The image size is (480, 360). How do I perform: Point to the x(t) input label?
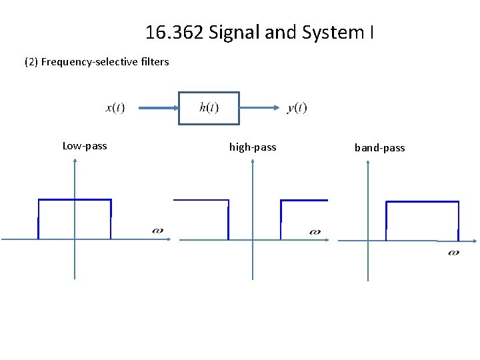[115, 107]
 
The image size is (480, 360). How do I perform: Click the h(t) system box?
[209, 108]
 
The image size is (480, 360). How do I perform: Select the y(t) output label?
[297, 107]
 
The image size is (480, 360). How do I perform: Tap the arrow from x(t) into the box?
[151, 107]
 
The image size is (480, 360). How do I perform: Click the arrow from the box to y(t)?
[259, 107]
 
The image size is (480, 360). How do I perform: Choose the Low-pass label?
[85, 146]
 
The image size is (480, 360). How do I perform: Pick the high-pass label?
[253, 147]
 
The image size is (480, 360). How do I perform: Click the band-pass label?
[379, 148]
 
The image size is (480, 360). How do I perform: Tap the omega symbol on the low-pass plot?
[157, 231]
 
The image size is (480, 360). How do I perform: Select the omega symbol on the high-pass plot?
[315, 232]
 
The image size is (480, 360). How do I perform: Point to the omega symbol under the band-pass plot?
[453, 252]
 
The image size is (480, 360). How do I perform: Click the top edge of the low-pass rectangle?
[75, 199]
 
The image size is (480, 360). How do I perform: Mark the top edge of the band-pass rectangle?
[423, 201]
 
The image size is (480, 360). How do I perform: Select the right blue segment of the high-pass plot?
[303, 200]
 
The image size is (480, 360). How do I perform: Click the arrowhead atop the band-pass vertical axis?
[368, 165]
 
